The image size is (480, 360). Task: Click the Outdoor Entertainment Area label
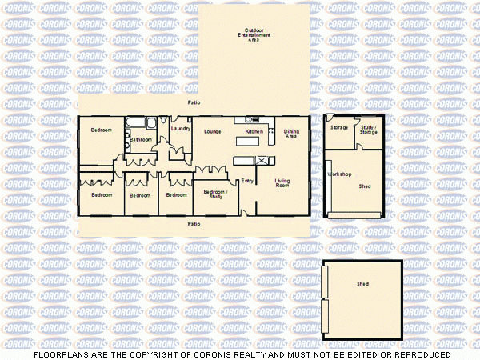pos(254,36)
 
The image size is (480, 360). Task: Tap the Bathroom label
pos(142,139)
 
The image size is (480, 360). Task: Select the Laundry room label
pos(180,128)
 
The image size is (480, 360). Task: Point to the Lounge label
pos(212,131)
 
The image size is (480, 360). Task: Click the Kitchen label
pos(254,131)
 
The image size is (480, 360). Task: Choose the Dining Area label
pos(292,134)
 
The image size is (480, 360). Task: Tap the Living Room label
pos(282,182)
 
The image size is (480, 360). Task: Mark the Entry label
pos(247,181)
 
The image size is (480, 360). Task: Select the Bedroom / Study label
pos(215,194)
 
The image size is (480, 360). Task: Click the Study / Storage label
pos(368,130)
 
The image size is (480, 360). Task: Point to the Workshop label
pos(341,174)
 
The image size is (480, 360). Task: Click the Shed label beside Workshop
pos(365,186)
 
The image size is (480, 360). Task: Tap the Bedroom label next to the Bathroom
pos(101,130)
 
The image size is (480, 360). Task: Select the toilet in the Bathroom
pos(129,145)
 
